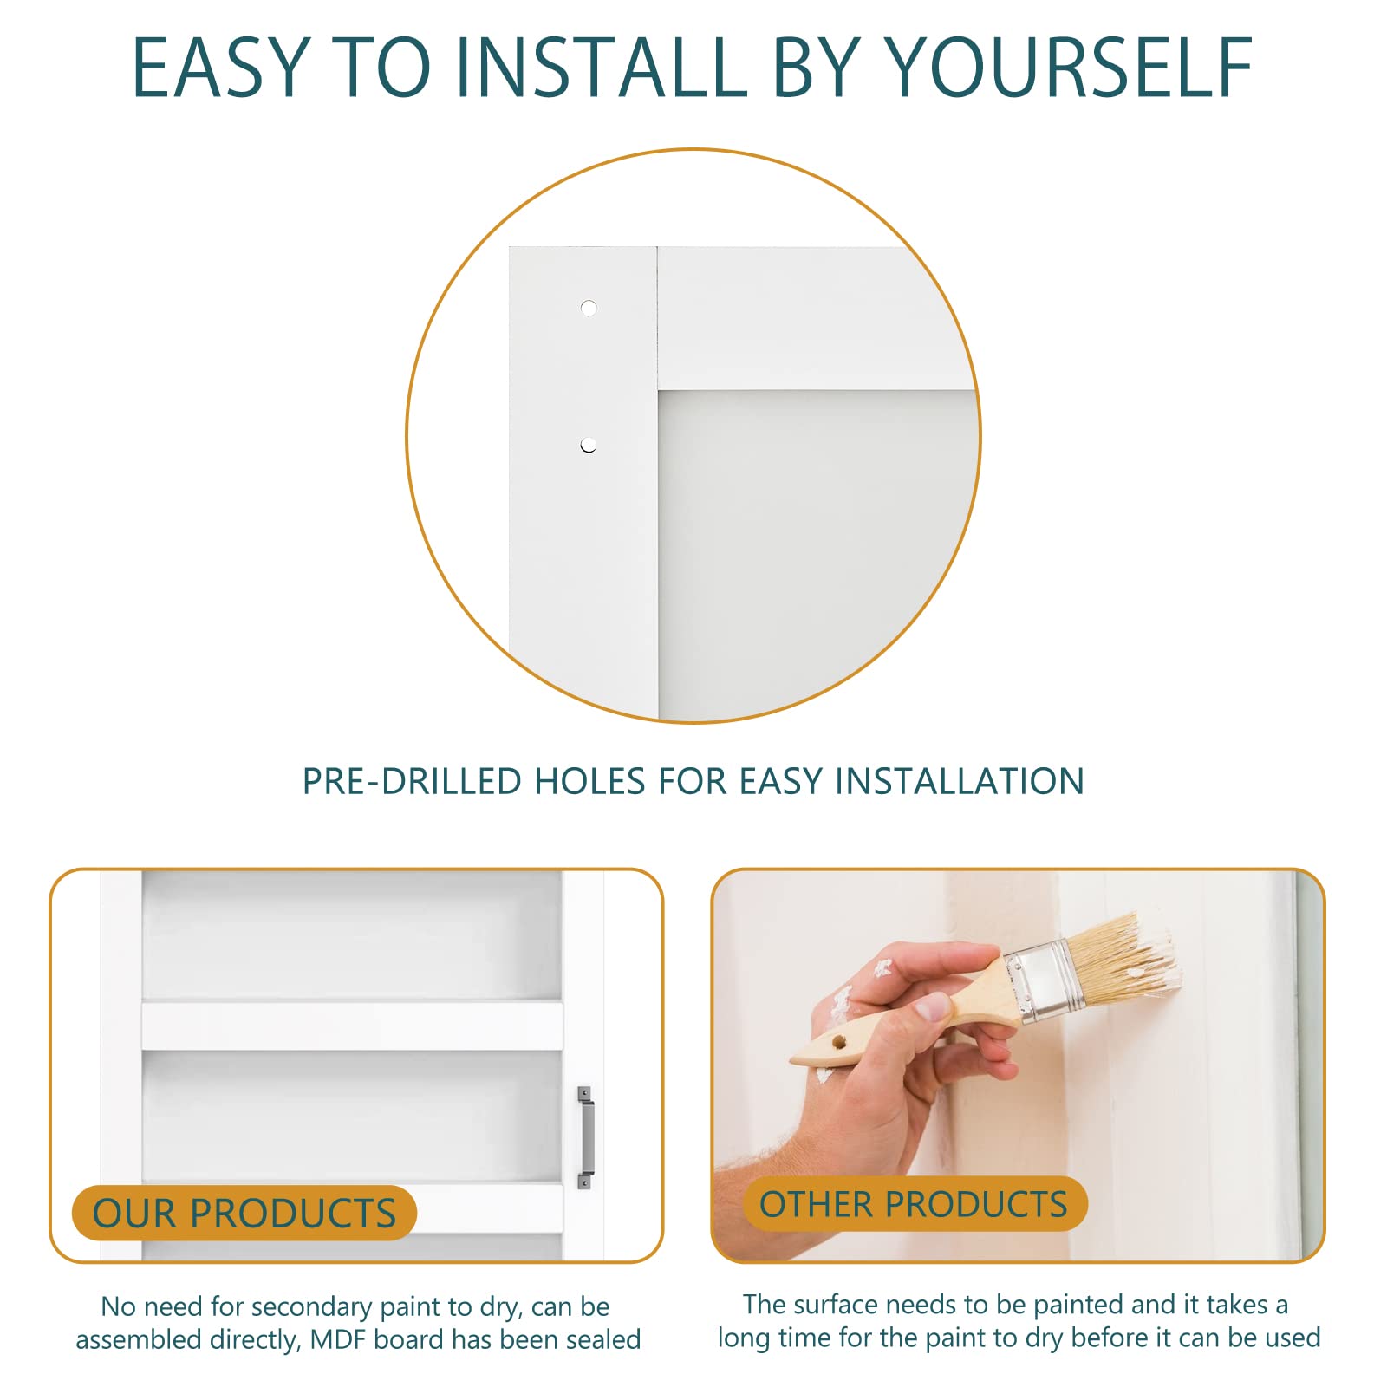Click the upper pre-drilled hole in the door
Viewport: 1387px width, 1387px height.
tap(589, 308)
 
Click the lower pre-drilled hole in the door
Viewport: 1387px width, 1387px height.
tap(589, 446)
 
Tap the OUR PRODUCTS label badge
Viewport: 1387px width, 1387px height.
tap(244, 1213)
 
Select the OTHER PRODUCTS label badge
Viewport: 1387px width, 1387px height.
tap(914, 1204)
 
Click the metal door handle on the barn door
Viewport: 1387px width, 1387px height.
tap(586, 1137)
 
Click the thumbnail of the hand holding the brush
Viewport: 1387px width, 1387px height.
tap(933, 1007)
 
